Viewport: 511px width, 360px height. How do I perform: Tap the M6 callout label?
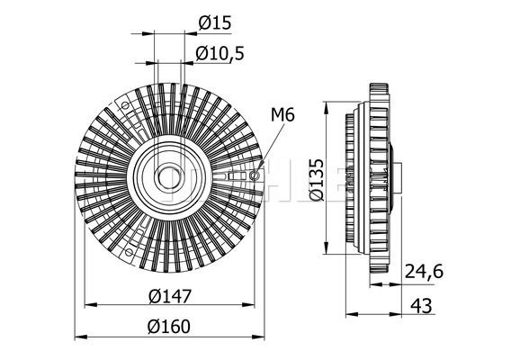click(282, 115)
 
